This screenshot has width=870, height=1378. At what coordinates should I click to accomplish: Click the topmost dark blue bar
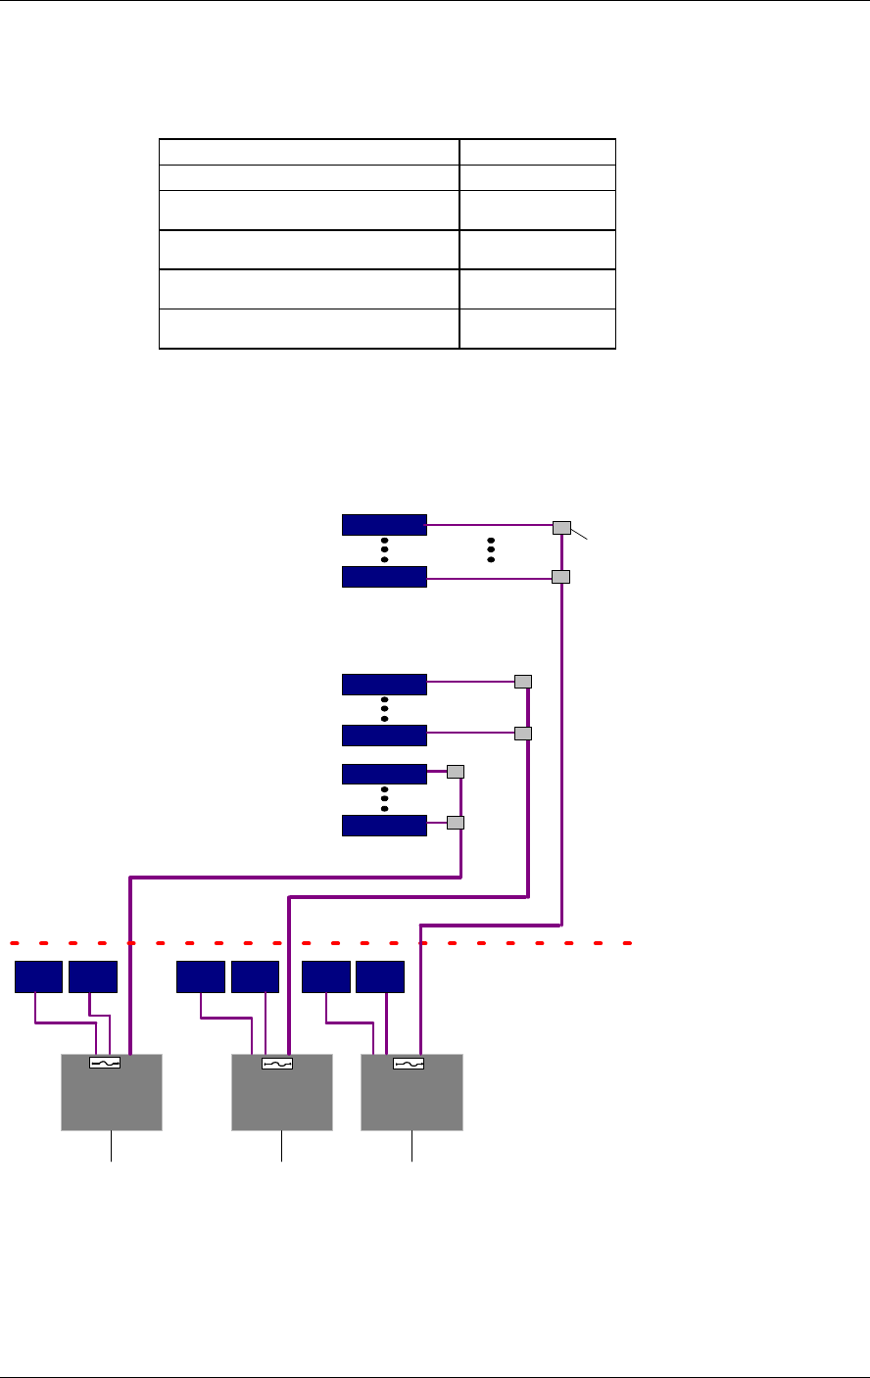(x=384, y=524)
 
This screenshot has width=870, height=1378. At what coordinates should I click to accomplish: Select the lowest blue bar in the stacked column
(x=384, y=826)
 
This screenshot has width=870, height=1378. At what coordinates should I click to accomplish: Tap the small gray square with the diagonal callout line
(x=561, y=528)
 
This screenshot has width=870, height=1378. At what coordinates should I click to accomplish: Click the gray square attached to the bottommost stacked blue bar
(x=455, y=823)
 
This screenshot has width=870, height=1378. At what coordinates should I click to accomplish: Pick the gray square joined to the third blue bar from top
(x=523, y=682)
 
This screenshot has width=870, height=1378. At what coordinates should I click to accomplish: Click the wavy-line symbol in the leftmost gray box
(x=105, y=1063)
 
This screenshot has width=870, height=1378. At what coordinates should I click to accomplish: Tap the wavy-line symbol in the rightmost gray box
(x=408, y=1063)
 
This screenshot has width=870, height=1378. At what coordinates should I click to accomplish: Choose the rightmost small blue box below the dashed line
(x=380, y=977)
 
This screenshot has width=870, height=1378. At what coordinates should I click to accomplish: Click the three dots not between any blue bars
(x=491, y=549)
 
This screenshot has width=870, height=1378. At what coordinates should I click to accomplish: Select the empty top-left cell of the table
(x=310, y=151)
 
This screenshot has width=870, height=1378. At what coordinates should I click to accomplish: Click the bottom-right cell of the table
(x=537, y=328)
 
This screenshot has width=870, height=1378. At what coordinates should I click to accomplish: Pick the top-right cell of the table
(x=537, y=151)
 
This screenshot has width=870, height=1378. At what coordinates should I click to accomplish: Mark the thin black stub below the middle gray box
(x=281, y=1146)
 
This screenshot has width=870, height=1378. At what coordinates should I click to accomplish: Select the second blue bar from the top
(x=384, y=577)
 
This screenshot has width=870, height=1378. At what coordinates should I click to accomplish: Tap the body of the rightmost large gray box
(x=411, y=1102)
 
